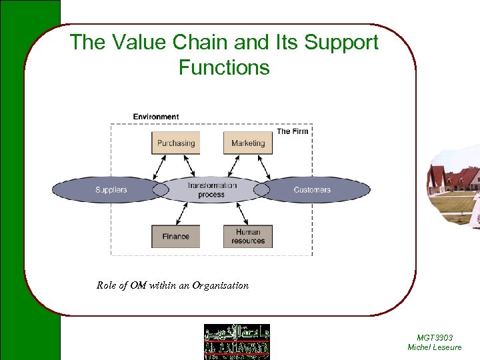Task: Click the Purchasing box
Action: click(176, 143)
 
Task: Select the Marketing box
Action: click(248, 143)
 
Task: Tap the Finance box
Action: click(176, 237)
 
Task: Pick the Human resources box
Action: click(248, 237)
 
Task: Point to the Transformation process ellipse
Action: click(211, 190)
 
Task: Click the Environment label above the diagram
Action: click(155, 117)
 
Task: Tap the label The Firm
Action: click(293, 131)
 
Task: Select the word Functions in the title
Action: click(224, 67)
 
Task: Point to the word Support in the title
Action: click(341, 43)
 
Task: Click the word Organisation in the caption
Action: click(221, 285)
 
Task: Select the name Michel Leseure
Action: click(434, 347)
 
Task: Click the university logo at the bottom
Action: click(237, 342)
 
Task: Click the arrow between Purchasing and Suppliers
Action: click(160, 167)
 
